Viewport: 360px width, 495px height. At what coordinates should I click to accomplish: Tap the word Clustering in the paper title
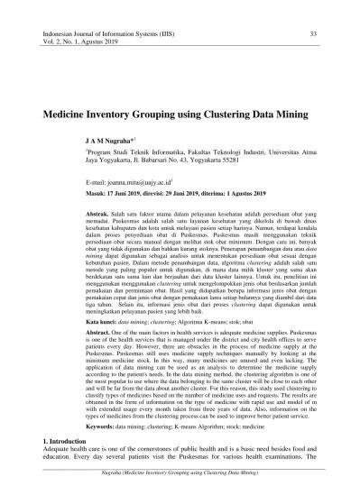[226, 117]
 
